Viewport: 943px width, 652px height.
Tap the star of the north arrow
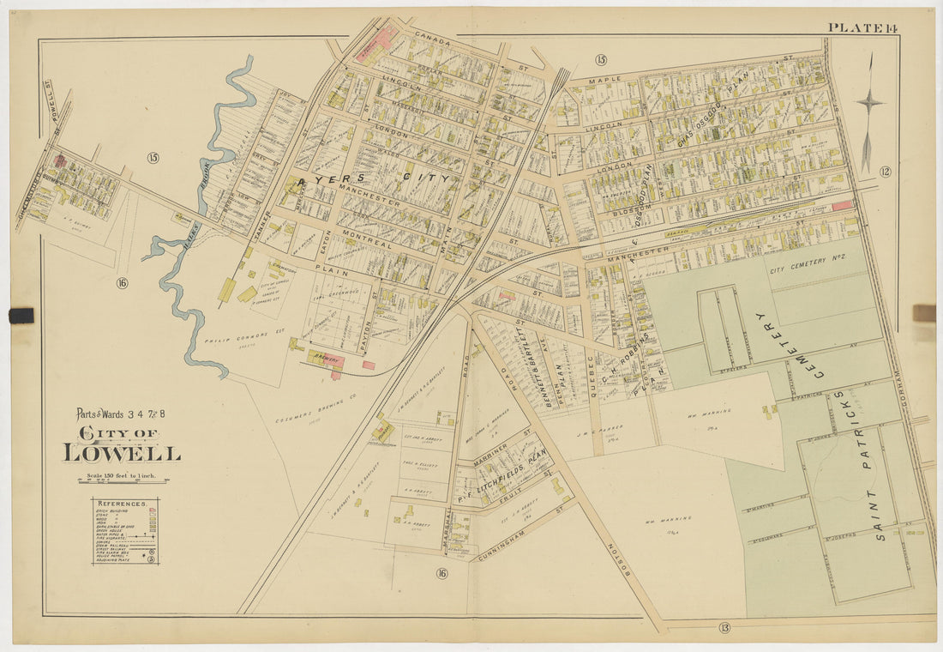[x=869, y=102]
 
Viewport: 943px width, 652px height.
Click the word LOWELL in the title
[x=121, y=452]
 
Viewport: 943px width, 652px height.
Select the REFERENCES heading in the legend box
[x=125, y=504]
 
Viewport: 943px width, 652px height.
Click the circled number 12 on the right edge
[x=885, y=172]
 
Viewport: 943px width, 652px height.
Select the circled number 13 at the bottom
[x=724, y=628]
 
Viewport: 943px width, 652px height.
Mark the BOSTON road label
[x=618, y=562]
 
